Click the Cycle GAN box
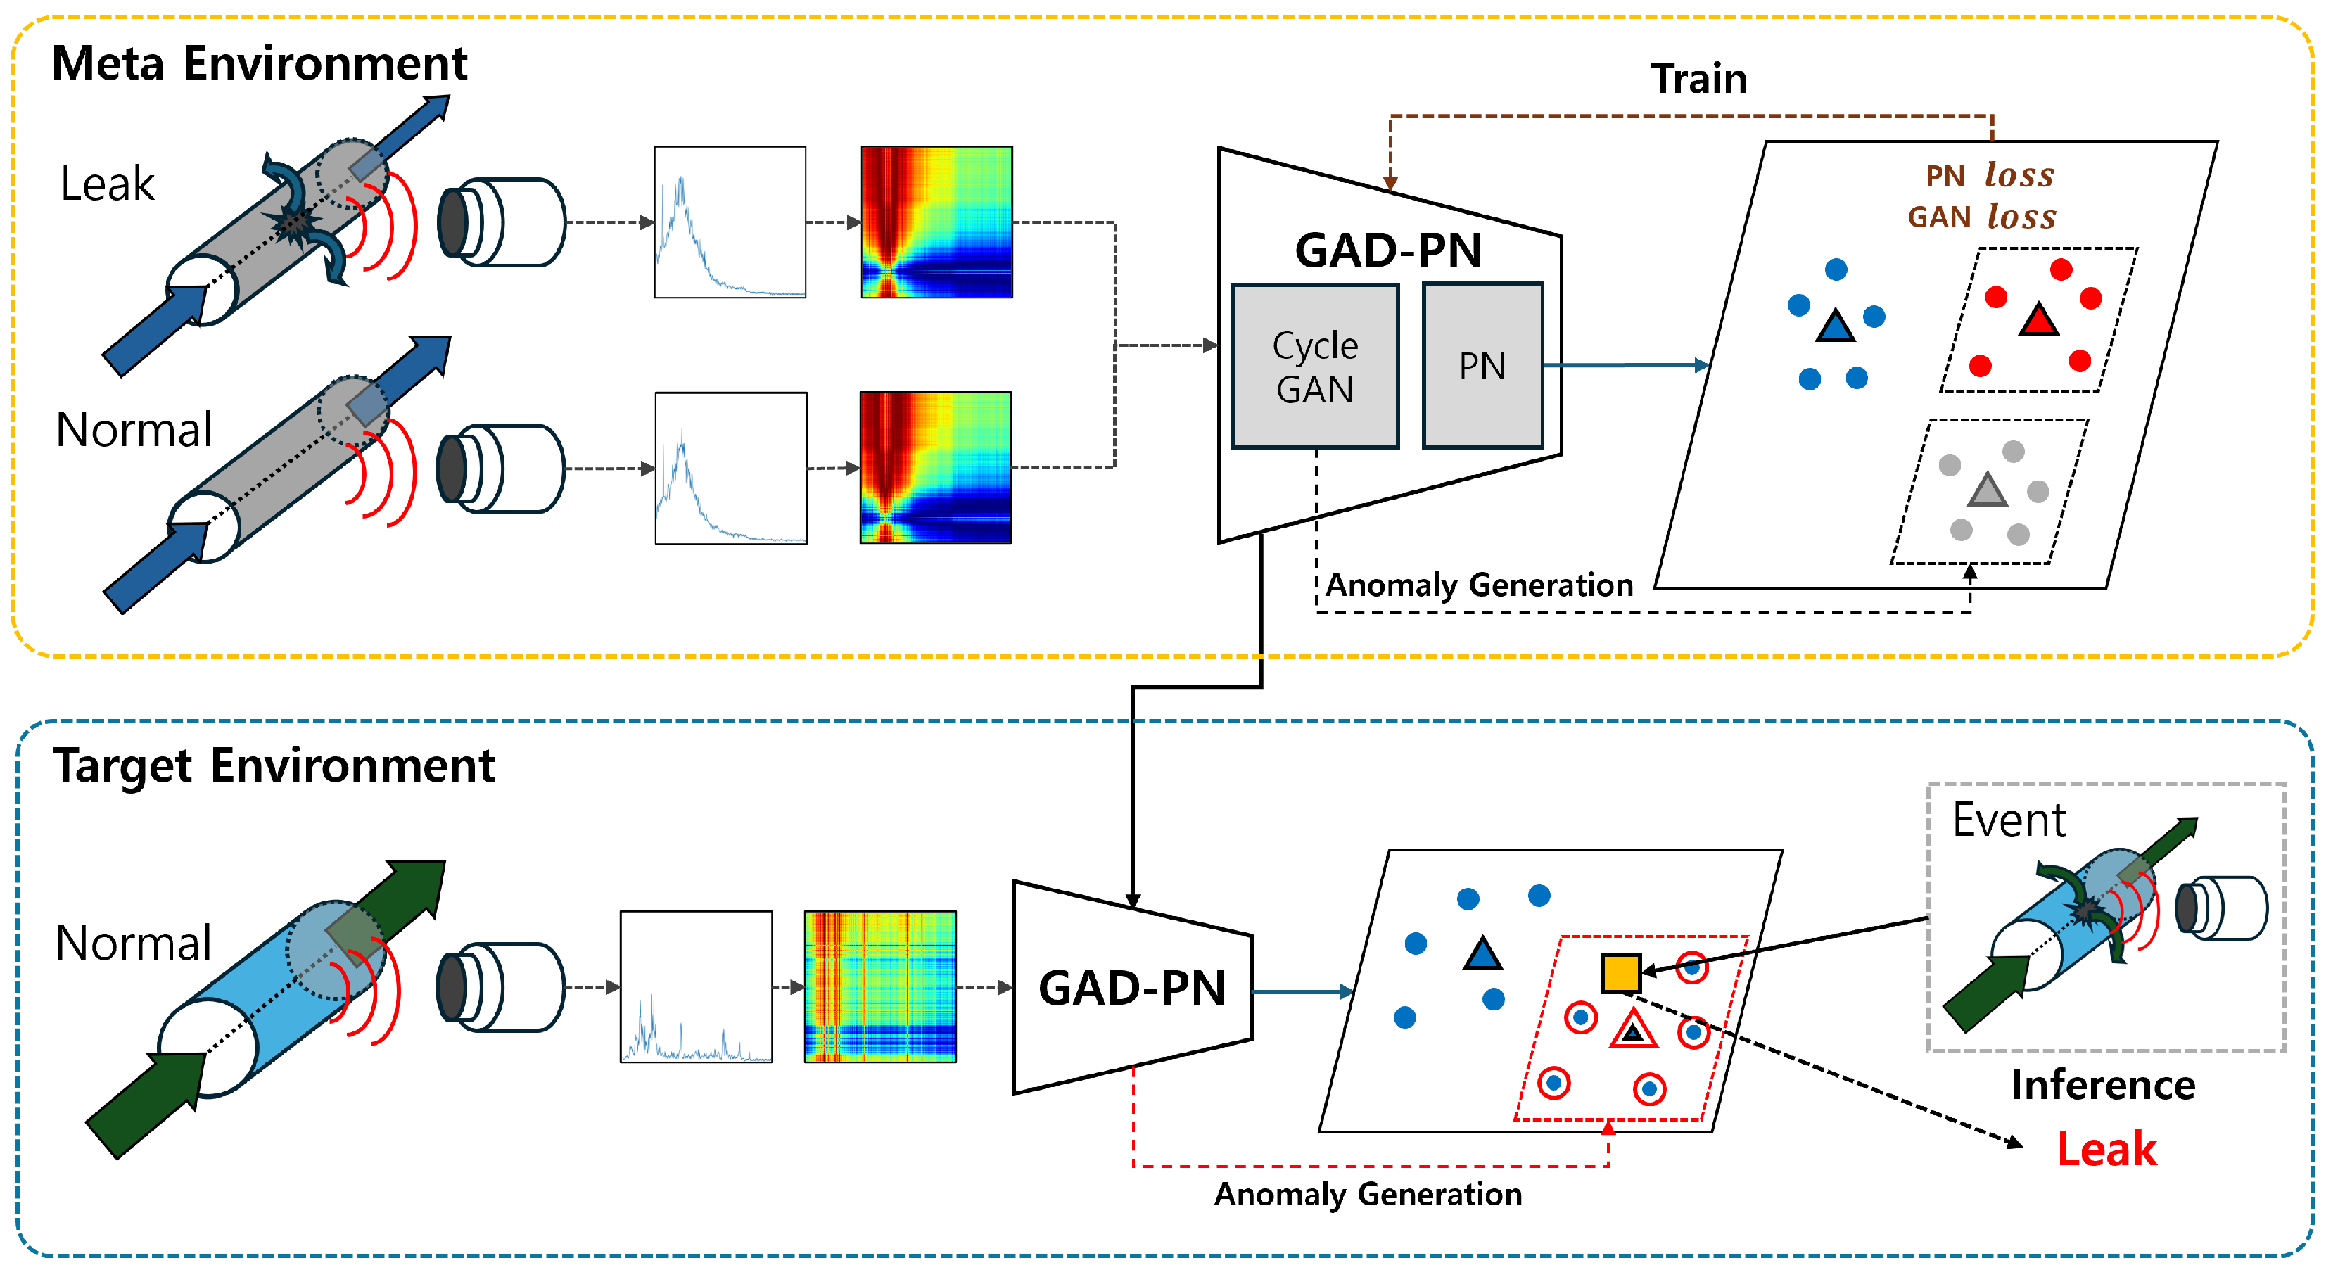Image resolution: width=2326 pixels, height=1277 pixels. [x=1315, y=366]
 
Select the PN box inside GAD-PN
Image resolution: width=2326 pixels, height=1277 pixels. [x=1482, y=366]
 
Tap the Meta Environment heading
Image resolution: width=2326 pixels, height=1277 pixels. [x=259, y=64]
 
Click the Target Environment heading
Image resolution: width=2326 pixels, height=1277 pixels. [x=274, y=765]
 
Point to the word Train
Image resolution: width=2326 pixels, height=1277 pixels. [x=1698, y=79]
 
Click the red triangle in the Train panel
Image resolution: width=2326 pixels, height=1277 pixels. [x=2038, y=321]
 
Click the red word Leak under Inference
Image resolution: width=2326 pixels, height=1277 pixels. [x=2106, y=1149]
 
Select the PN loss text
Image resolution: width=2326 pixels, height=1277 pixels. [x=1989, y=174]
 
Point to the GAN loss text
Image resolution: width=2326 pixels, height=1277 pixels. [x=1981, y=216]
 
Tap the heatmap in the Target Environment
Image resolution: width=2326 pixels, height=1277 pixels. [x=879, y=986]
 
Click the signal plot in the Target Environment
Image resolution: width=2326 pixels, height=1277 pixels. [x=695, y=986]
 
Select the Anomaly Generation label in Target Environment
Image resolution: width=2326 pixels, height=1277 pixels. [x=1367, y=1194]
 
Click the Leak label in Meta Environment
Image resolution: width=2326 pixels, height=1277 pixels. [x=108, y=184]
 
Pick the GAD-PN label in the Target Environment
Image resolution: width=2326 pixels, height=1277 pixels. [x=1132, y=987]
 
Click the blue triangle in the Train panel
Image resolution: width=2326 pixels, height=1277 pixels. [x=1835, y=325]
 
